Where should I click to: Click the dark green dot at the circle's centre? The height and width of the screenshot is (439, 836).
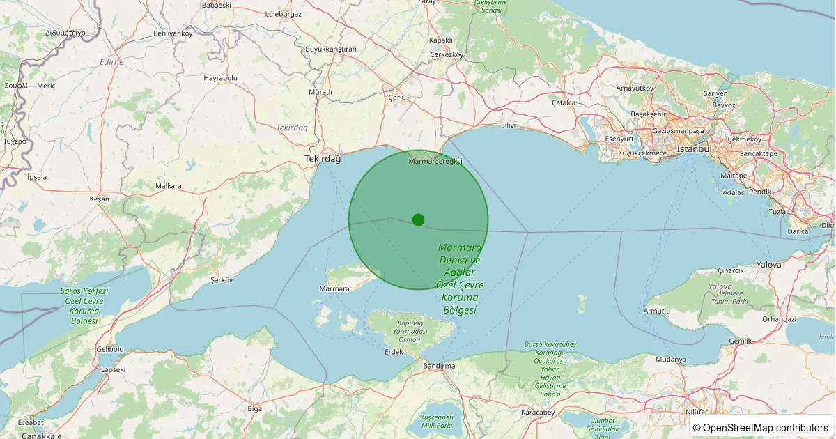click(x=418, y=219)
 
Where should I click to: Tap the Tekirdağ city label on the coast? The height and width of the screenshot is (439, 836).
click(x=323, y=159)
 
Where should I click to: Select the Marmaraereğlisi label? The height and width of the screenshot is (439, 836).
click(x=435, y=162)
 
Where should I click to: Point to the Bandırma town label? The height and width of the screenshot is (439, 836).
click(x=439, y=366)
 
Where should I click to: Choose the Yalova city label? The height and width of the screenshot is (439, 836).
click(x=769, y=265)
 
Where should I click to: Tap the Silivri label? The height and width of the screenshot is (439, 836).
click(x=510, y=125)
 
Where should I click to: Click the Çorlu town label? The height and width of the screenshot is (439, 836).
click(x=397, y=98)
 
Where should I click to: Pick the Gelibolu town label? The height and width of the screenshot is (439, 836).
click(x=110, y=348)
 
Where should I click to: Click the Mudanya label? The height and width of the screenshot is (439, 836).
click(x=671, y=360)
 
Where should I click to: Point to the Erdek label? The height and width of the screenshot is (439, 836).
click(x=394, y=352)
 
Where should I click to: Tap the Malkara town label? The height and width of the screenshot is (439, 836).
click(x=169, y=186)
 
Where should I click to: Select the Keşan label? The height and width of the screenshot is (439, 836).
click(x=100, y=199)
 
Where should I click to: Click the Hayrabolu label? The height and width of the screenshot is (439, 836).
click(x=221, y=78)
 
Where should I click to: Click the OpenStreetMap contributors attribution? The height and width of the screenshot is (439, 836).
click(x=761, y=427)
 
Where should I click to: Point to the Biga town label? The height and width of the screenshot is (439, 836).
click(x=254, y=408)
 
